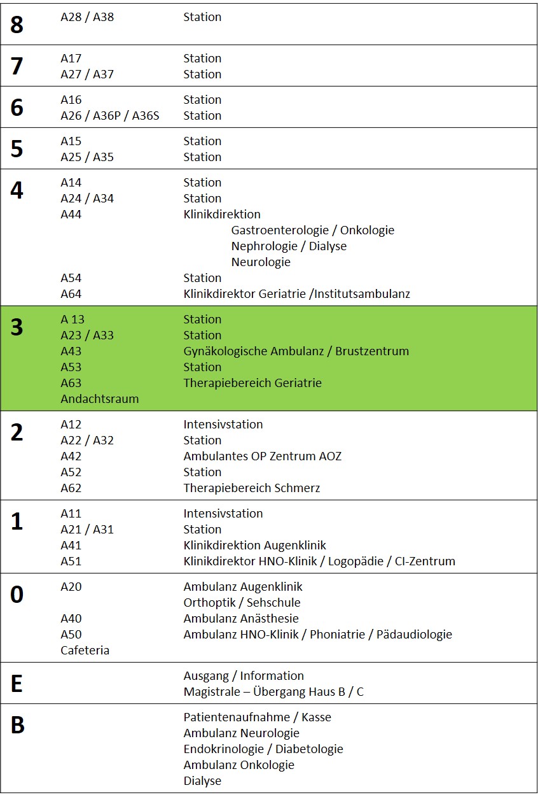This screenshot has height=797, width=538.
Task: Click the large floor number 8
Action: tap(17, 25)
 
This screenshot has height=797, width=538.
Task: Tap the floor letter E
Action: tap(17, 684)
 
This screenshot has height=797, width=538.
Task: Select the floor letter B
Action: tap(18, 725)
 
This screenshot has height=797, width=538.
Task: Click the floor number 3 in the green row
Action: tap(17, 327)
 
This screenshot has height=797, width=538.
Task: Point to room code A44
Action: tap(71, 215)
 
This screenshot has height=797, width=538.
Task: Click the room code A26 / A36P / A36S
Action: tap(110, 116)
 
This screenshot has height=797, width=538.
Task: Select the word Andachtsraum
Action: tap(100, 399)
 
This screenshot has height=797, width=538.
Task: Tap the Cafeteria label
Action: tap(85, 651)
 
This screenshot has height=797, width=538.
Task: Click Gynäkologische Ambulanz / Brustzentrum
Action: tap(296, 351)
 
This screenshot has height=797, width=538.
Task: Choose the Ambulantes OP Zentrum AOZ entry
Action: tap(263, 456)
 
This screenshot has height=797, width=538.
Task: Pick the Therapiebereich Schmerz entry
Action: tap(252, 488)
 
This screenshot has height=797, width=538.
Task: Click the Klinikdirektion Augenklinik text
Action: tap(255, 546)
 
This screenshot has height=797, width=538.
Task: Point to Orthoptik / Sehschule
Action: tap(242, 603)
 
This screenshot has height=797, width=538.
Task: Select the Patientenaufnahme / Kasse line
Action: tap(258, 717)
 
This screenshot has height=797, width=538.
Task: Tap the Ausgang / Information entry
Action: tap(244, 676)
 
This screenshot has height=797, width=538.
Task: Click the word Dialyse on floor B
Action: tap(203, 781)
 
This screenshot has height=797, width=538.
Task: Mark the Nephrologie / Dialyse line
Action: tap(289, 246)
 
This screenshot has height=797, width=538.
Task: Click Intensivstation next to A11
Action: tap(223, 514)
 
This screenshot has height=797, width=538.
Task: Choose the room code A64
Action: tap(71, 294)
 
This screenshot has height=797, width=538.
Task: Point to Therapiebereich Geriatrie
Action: tap(253, 383)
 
